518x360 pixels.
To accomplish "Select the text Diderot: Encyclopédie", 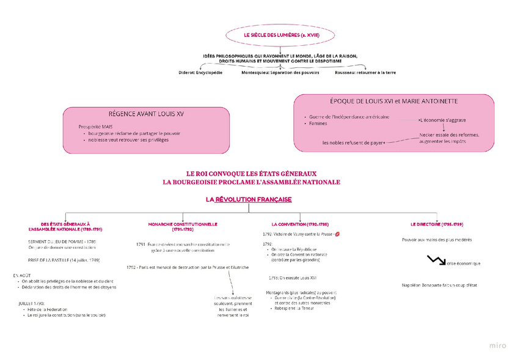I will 196,73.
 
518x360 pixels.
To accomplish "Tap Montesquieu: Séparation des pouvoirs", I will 280,73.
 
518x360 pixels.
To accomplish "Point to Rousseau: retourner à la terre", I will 365,73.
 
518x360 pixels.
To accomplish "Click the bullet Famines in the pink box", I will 318,123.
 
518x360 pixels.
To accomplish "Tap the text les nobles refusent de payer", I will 352,143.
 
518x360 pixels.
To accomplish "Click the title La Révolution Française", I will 249,199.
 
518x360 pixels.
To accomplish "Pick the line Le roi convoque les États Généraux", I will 251,174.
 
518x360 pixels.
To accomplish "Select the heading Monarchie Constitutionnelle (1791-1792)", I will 183,226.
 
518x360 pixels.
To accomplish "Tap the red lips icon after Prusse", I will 338,234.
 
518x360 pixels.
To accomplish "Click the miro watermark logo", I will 497,346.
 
